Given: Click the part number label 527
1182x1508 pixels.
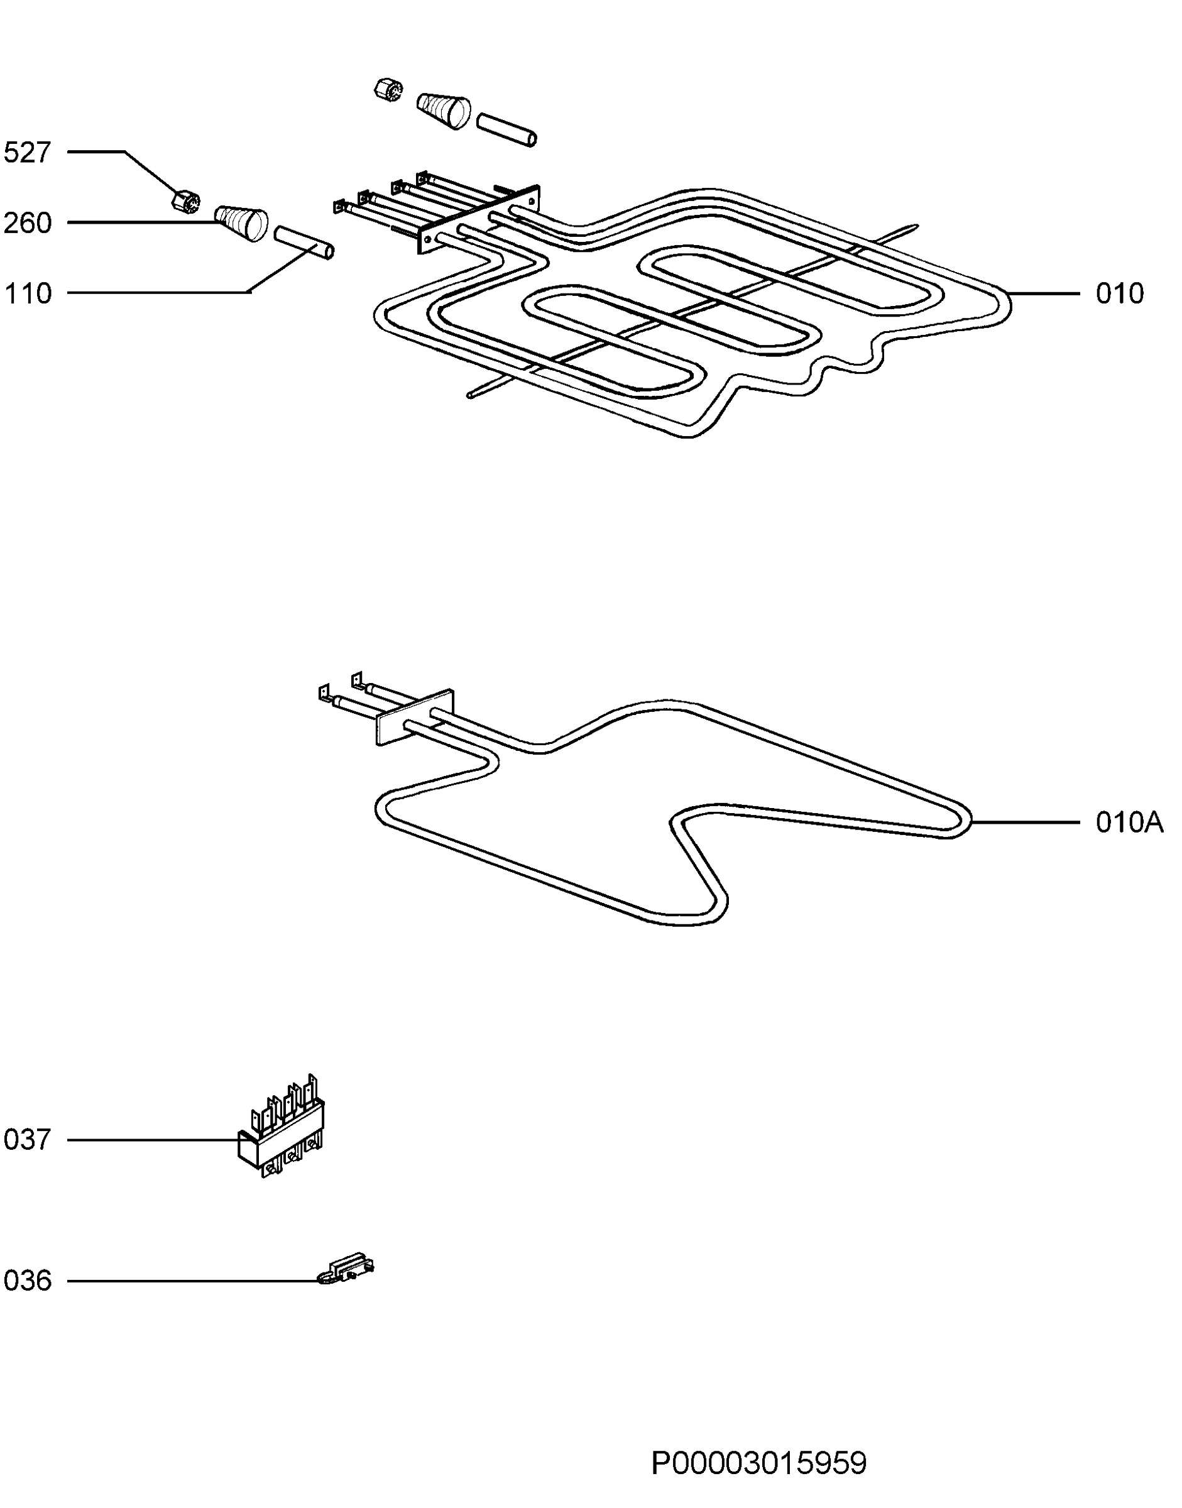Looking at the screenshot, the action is click(x=28, y=152).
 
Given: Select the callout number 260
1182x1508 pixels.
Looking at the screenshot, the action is click(x=28, y=223).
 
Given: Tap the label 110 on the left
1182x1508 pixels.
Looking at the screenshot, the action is click(x=28, y=293).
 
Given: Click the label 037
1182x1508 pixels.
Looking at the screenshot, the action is click(x=28, y=1140).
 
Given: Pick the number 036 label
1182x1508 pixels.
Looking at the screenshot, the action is click(x=28, y=1281).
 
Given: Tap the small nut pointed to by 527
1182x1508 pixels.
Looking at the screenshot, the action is click(x=185, y=199).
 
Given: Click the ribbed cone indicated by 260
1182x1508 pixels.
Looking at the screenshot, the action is click(x=241, y=223).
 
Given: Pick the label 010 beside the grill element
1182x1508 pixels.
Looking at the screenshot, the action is click(x=1120, y=293).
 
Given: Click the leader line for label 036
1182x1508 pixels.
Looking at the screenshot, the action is click(x=193, y=1281).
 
